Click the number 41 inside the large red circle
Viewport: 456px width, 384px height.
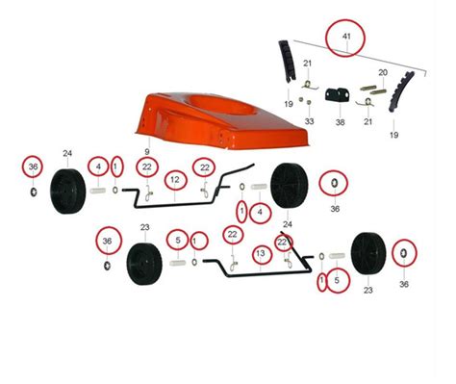click(346, 37)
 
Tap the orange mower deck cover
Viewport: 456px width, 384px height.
click(221, 121)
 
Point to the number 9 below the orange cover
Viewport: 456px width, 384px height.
click(147, 152)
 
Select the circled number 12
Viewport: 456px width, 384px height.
click(175, 180)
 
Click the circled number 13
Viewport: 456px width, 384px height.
click(261, 253)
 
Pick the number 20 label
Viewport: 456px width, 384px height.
click(383, 73)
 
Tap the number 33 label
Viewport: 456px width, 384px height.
click(309, 121)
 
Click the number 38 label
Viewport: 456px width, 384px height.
click(340, 122)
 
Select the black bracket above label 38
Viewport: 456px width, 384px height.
click(338, 95)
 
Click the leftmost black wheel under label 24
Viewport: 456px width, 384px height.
click(68, 192)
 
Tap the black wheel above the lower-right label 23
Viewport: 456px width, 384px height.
click(368, 253)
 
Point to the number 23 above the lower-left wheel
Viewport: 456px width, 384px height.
click(145, 227)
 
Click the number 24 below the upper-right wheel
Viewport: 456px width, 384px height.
click(288, 224)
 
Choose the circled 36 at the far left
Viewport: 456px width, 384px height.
click(33, 166)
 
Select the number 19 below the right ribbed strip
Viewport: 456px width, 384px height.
click(393, 135)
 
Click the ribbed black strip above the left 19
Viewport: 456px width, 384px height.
click(288, 62)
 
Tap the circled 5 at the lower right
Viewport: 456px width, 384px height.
click(337, 280)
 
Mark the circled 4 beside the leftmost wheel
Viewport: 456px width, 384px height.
click(98, 166)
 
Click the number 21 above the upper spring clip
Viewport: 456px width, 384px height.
click(307, 64)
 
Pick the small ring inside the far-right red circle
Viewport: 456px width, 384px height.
click(404, 253)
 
